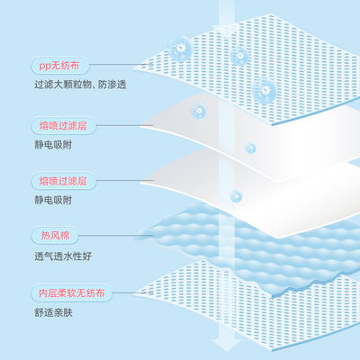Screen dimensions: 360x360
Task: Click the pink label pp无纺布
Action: pyautogui.click(x=59, y=66)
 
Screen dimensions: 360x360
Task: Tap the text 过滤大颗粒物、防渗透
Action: pyautogui.click(x=80, y=85)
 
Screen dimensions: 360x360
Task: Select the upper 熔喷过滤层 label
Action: pyautogui.click(x=63, y=126)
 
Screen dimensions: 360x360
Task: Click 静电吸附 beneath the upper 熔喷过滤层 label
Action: pyautogui.click(x=53, y=145)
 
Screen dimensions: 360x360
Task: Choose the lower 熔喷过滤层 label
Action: pyautogui.click(x=63, y=181)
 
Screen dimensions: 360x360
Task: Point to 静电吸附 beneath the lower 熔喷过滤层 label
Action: pyautogui.click(x=53, y=200)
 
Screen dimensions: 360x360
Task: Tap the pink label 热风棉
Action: pyautogui.click(x=55, y=236)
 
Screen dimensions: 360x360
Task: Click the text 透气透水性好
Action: pyautogui.click(x=63, y=256)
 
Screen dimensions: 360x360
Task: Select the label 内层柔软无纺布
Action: pyautogui.click(x=72, y=293)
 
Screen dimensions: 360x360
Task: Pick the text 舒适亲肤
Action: pyautogui.click(x=53, y=313)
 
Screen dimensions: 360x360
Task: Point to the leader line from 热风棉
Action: pyautogui.click(x=116, y=236)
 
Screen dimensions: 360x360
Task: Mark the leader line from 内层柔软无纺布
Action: pyautogui.click(x=132, y=293)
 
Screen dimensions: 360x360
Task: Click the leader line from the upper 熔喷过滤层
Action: pyautogui.click(x=125, y=125)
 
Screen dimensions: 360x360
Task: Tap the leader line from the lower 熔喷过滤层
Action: pyautogui.click(x=125, y=181)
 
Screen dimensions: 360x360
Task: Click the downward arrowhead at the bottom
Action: pyautogui.click(x=226, y=345)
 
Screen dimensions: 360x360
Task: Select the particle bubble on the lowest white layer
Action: pyautogui.click(x=236, y=197)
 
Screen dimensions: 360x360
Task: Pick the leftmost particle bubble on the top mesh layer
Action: pyautogui.click(x=180, y=49)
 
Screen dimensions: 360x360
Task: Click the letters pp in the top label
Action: pyautogui.click(x=45, y=66)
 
